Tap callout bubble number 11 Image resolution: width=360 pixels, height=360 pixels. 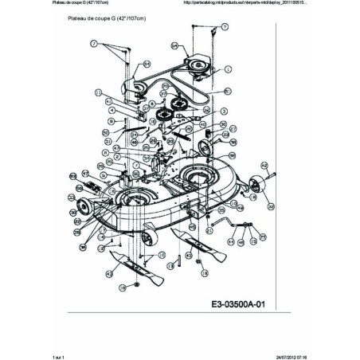coord(98,92)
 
